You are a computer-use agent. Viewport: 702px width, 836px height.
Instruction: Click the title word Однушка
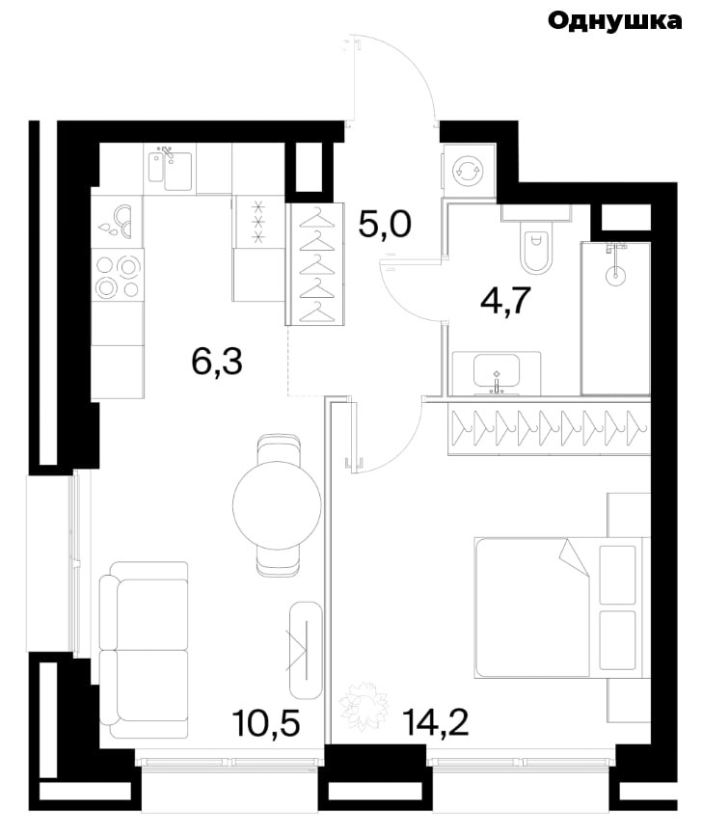pos(614,21)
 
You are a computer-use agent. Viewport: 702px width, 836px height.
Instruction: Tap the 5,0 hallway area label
pos(385,224)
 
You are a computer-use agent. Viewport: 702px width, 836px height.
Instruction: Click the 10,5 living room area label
pos(266,722)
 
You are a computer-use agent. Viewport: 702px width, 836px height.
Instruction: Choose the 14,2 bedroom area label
pos(436,722)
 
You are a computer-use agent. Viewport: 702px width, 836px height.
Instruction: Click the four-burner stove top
pos(118,275)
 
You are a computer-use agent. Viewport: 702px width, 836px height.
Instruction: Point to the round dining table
pos(277,505)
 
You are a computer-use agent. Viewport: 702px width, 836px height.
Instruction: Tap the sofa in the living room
pos(144,649)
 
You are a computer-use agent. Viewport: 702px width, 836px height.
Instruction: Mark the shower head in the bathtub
pos(615,261)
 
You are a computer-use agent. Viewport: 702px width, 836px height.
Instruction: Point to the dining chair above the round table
pos(278,450)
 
